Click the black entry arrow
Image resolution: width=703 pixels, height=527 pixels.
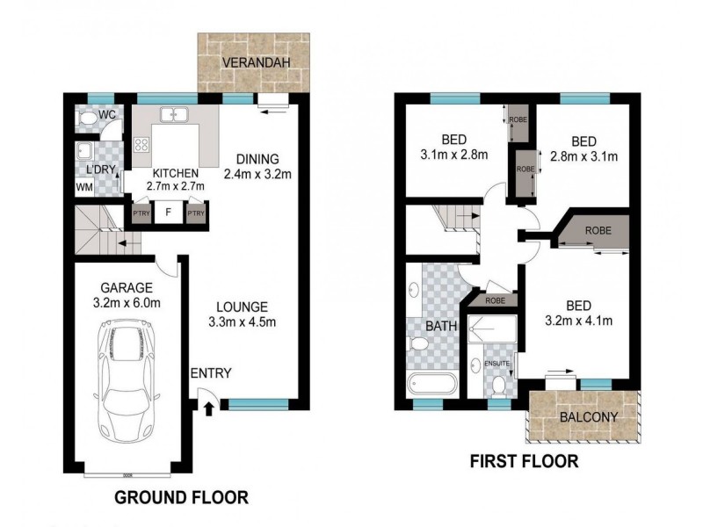click(208, 408)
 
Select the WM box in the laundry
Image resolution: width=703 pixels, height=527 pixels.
click(85, 187)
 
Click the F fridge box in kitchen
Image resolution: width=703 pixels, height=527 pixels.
click(168, 212)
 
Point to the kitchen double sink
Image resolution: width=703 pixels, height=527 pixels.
click(175, 114)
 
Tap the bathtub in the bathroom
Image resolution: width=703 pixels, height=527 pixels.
click(431, 384)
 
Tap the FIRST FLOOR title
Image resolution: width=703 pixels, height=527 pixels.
click(524, 462)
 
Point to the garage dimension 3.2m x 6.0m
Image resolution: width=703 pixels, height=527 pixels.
click(127, 303)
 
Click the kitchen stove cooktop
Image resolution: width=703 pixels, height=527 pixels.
click(141, 145)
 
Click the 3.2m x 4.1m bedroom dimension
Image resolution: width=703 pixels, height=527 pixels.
click(577, 321)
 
